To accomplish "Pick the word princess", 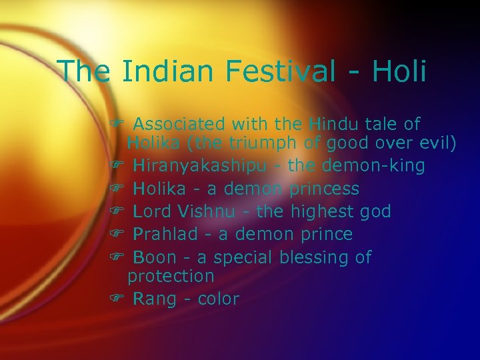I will tap(325, 189).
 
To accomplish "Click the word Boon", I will tap(155, 257).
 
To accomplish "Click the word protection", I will tap(171, 276).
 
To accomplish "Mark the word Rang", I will tap(155, 299).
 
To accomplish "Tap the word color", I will tap(219, 299).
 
